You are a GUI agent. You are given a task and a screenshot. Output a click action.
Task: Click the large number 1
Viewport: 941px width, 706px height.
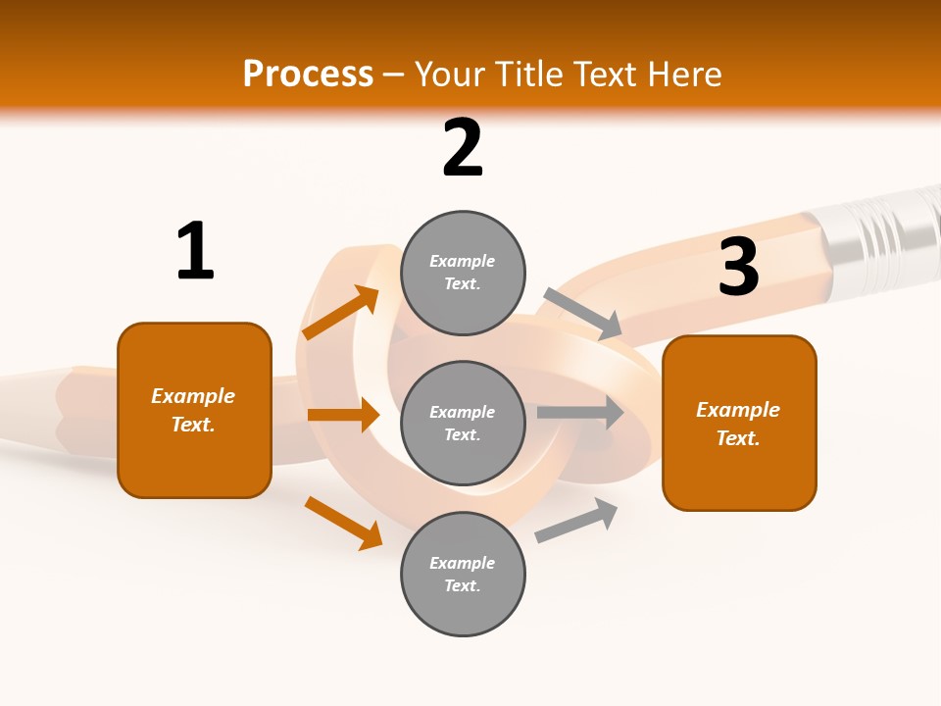pos(195,250)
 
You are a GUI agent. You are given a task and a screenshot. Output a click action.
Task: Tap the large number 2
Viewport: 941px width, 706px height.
pos(463,147)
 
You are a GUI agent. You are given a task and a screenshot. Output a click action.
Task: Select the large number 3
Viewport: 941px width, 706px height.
pos(739,266)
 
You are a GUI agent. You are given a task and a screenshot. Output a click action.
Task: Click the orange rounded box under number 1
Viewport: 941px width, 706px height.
pos(194,411)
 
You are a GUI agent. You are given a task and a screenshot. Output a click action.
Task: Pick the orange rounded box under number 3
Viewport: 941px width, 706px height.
pos(739,424)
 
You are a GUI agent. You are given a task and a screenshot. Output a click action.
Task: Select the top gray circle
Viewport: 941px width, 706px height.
pos(463,273)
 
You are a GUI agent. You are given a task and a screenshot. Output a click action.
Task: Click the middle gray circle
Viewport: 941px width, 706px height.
pos(463,424)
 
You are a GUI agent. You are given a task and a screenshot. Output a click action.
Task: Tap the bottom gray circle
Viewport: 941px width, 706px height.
pos(463,574)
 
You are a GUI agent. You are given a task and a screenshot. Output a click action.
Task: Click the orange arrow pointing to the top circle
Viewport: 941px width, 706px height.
pos(341,312)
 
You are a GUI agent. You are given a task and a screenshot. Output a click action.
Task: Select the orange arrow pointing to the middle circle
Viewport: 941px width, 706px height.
pos(344,414)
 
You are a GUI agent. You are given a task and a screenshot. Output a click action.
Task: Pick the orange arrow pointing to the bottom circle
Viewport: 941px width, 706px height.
pos(344,523)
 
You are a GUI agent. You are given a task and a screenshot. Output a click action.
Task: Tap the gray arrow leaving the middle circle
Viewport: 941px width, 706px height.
pos(580,412)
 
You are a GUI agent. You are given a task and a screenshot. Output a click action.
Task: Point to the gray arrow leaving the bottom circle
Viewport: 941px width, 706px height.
pos(576,520)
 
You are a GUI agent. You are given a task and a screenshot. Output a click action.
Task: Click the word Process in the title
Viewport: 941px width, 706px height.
pos(309,74)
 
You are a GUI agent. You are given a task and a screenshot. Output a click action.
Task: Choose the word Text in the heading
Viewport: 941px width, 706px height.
pos(605,74)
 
